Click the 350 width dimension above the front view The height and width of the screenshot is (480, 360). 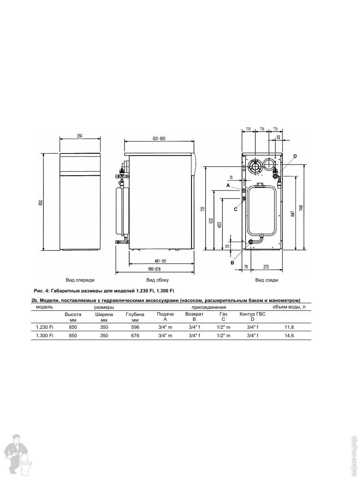80,136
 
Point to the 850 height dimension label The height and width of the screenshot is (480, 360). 41,202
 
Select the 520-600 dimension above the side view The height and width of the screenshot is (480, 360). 159,139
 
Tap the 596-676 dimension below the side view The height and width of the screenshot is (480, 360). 154,269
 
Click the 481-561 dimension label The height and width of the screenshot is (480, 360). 161,261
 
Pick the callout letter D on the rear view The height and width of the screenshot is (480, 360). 295,156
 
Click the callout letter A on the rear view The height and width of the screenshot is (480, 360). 228,186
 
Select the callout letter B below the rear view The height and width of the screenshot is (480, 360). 232,263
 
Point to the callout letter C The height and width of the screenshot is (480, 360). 236,209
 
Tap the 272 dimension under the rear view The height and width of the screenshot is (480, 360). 266,267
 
